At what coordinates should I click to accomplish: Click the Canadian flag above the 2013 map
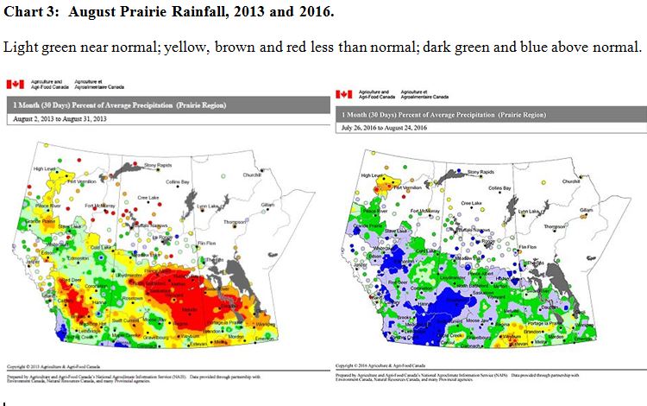(14, 84)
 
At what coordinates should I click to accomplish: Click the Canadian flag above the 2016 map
(343, 93)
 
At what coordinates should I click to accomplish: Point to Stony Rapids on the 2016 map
(483, 173)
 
